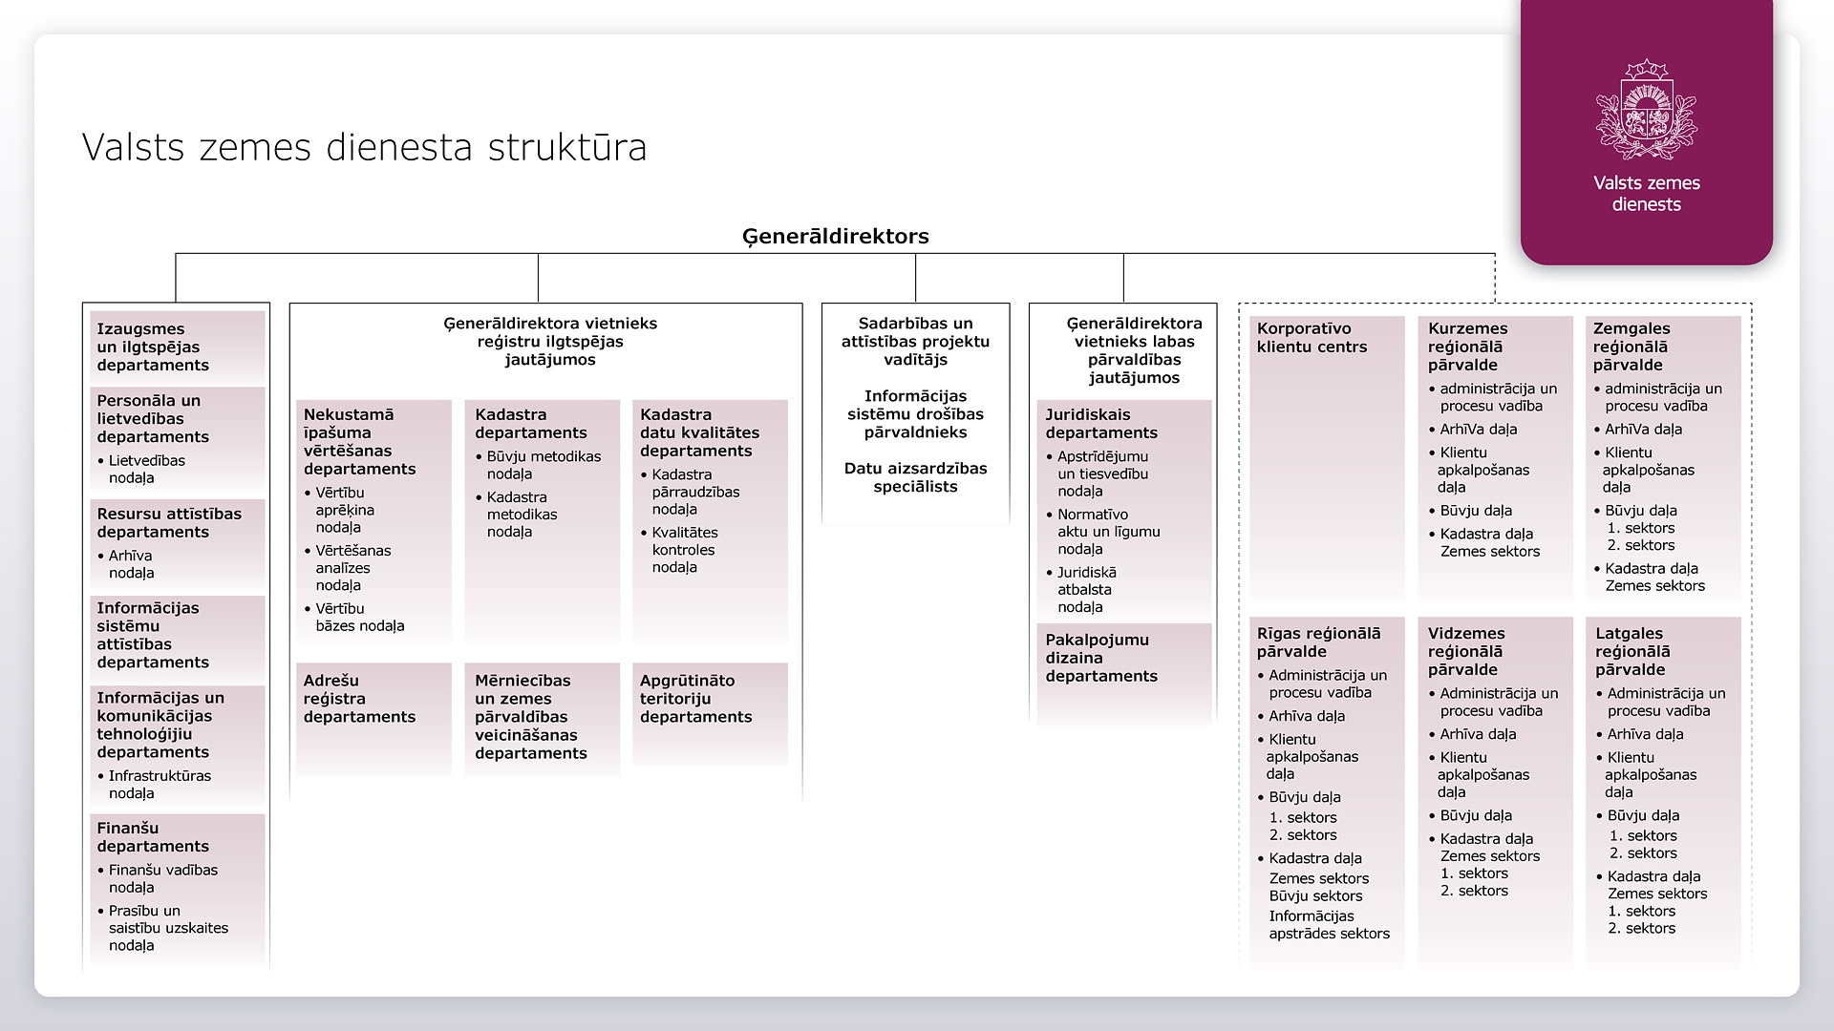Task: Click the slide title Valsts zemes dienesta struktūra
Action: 364,148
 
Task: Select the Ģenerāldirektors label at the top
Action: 835,237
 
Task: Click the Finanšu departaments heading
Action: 152,837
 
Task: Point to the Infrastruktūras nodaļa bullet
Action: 159,785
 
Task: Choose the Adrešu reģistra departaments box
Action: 359,699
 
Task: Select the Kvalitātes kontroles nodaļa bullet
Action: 684,550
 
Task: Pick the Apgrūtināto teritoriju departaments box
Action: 695,699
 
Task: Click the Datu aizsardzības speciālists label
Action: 915,477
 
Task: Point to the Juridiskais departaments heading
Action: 1100,424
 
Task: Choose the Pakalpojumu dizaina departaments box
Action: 1100,658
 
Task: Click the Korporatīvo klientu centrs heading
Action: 1312,338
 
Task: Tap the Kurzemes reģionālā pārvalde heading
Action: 1466,347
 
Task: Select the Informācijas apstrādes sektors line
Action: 1329,925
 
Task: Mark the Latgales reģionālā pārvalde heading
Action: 1632,651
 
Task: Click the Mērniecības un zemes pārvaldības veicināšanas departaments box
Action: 530,717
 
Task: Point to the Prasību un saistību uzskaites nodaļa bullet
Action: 167,928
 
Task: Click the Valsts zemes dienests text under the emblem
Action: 1646,194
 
